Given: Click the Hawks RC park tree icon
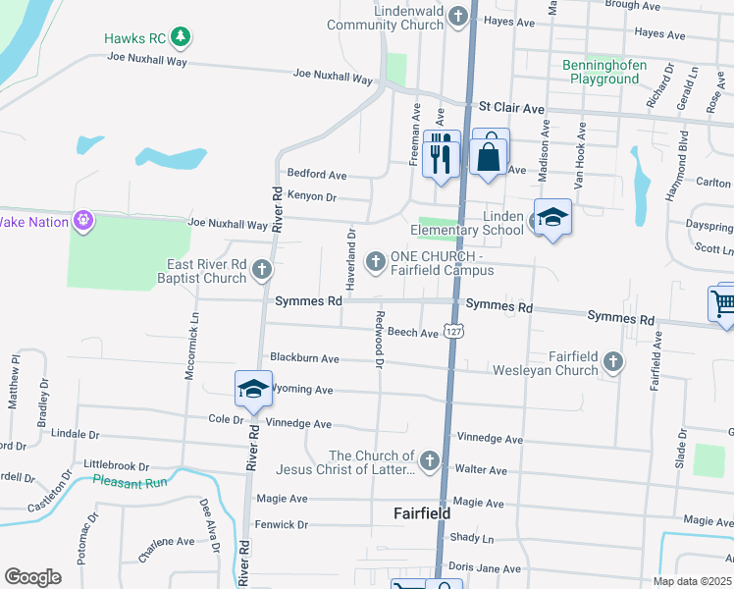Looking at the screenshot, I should [180, 38].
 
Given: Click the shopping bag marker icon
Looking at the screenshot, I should [489, 153].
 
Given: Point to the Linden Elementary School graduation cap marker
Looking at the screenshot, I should [552, 219].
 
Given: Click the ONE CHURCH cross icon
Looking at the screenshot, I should [375, 261].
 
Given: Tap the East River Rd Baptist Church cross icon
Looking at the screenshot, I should [261, 268].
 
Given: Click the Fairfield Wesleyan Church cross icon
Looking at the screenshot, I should [613, 362].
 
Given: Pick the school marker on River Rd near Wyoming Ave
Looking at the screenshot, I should [253, 390].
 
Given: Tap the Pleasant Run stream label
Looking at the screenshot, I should [131, 481].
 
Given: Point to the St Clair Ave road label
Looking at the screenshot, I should [510, 107].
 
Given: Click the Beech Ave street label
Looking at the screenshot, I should [412, 334].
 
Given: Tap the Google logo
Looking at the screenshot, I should [32, 577].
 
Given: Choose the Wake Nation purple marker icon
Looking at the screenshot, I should [84, 220].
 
